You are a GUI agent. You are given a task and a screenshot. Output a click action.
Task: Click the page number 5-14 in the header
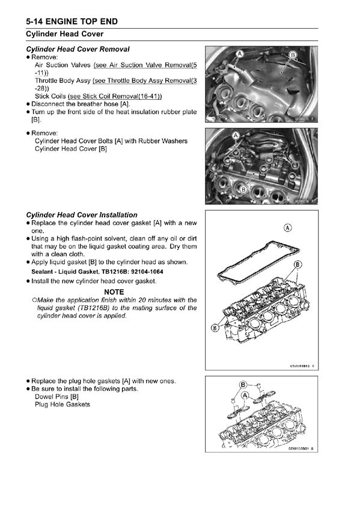click(x=35, y=22)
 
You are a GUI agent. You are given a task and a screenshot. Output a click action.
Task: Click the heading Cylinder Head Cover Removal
click(x=78, y=49)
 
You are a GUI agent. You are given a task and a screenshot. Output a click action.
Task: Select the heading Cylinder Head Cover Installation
click(x=82, y=215)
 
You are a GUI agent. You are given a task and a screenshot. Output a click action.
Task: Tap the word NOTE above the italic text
click(x=114, y=292)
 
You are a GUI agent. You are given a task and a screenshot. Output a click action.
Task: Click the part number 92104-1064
click(x=147, y=272)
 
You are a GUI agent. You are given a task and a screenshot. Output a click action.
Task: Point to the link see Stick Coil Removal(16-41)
click(x=115, y=96)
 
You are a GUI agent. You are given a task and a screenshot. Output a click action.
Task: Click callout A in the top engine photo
click(x=240, y=54)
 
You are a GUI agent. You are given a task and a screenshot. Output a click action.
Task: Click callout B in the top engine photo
click(x=293, y=55)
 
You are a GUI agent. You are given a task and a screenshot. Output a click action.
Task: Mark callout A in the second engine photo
click(x=236, y=135)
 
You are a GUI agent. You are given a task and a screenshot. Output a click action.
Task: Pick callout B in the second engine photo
click(x=243, y=189)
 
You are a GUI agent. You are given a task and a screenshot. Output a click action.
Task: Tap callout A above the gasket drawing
click(x=288, y=228)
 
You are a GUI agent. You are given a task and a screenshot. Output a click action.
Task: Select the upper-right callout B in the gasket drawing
click(x=297, y=265)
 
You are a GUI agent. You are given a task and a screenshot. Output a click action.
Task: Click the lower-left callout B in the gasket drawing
click(x=215, y=328)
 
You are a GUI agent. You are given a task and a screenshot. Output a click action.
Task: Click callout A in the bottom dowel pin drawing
click(x=245, y=395)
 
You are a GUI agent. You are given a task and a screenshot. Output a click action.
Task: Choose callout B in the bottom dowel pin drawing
click(x=243, y=385)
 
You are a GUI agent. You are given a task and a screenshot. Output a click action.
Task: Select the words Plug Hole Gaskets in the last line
click(x=63, y=405)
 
